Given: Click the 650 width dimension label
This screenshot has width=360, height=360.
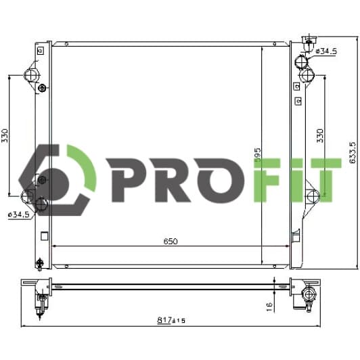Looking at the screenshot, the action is tap(171, 242).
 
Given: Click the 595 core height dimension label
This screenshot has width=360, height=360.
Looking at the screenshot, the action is tap(258, 155).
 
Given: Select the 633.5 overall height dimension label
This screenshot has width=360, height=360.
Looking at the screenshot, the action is tap(353, 152).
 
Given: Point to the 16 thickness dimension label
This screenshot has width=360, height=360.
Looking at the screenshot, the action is tap(269, 307).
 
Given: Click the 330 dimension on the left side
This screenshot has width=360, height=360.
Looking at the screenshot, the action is tap(5, 136).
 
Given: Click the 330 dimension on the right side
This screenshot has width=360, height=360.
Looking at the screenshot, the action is tap(320, 136).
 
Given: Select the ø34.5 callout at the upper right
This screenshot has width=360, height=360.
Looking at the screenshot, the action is tap(326, 51).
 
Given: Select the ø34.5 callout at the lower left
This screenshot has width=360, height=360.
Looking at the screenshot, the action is tap(19, 215).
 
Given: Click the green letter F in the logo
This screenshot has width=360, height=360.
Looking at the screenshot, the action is tap(267, 180).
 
